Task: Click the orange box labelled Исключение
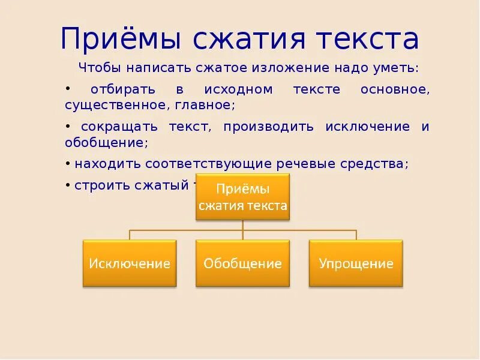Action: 130,263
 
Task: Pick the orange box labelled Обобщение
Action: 242,263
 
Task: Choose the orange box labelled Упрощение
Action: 356,263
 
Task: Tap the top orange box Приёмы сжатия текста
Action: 242,197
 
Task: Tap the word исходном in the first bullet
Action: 238,89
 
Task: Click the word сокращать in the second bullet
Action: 111,127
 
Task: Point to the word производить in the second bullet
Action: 272,127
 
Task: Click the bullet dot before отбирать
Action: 68,88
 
